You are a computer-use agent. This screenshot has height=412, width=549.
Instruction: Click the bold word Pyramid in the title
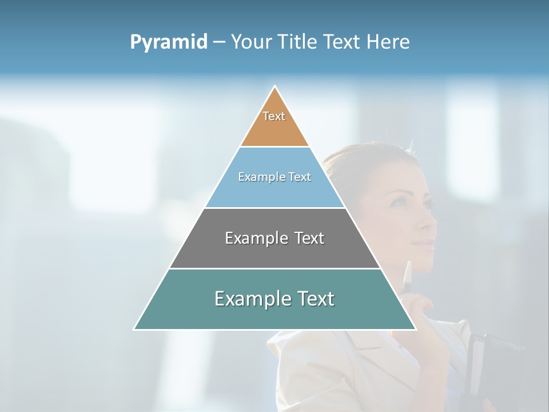[168, 42]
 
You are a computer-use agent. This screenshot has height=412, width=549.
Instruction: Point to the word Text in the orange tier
[274, 116]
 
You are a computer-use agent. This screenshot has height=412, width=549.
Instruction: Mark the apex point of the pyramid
[275, 86]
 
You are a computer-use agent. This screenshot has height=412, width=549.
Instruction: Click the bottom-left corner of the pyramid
[134, 329]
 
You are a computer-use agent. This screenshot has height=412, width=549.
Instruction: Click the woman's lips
[424, 245]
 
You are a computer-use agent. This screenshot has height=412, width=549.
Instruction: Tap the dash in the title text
[219, 42]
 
